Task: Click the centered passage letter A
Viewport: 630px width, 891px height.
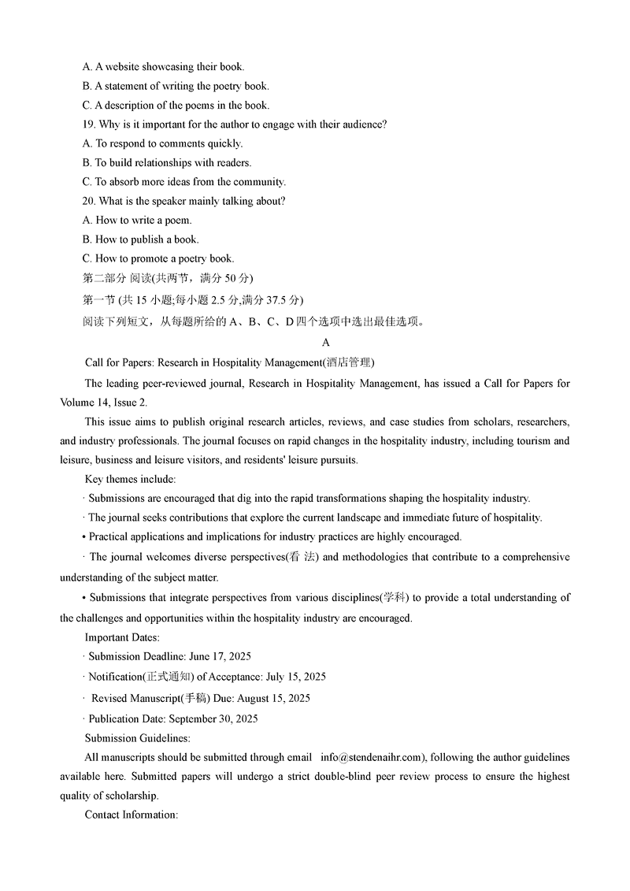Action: (x=326, y=343)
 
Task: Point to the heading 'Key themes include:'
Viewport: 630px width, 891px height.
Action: (x=130, y=479)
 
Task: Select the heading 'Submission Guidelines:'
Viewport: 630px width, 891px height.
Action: (x=138, y=738)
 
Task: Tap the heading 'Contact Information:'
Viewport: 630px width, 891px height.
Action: (x=132, y=815)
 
